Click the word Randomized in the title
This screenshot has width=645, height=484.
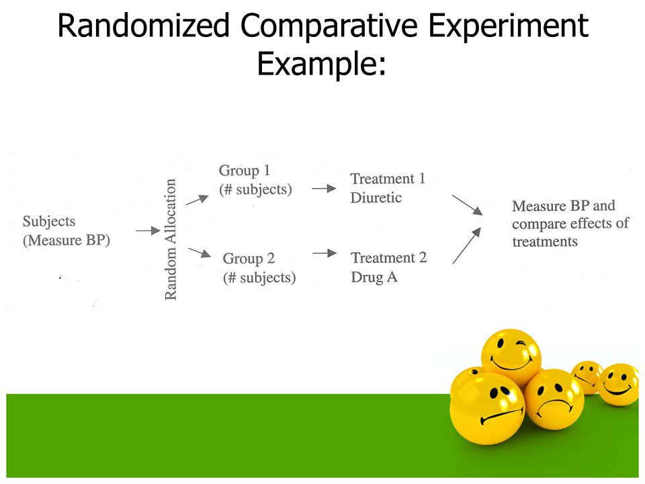(x=143, y=26)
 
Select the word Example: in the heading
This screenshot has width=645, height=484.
(x=322, y=63)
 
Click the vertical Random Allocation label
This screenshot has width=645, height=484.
(x=170, y=239)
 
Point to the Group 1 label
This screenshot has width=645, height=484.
(x=245, y=170)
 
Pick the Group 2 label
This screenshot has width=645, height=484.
(x=249, y=258)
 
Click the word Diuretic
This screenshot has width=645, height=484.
(x=376, y=198)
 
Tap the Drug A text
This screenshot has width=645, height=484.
(x=374, y=277)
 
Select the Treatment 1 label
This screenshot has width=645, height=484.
(x=388, y=179)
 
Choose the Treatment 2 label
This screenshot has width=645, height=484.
(x=389, y=257)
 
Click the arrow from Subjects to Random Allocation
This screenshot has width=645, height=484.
(x=148, y=231)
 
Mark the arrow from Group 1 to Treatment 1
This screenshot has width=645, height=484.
(x=324, y=189)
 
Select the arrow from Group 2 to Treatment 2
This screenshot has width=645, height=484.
(x=325, y=253)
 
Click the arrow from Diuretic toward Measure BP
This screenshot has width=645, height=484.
(x=468, y=205)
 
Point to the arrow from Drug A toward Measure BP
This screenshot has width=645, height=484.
(x=467, y=245)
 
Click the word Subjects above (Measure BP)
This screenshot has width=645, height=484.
(x=49, y=221)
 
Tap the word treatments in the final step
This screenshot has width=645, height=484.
(x=545, y=241)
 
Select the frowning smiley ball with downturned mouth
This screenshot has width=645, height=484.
(x=554, y=399)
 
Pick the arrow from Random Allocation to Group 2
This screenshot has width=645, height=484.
(x=200, y=252)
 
